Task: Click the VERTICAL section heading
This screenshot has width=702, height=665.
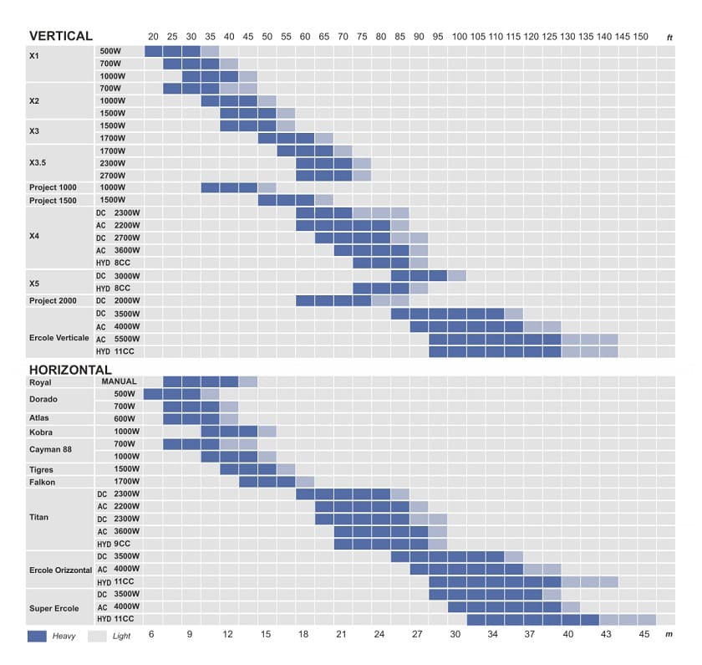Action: [60, 36]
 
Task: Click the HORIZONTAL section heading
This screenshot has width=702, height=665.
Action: [70, 370]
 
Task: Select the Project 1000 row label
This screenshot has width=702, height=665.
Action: [54, 187]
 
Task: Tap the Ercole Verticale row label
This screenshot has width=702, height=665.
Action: [58, 338]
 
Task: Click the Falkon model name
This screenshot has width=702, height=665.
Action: [43, 482]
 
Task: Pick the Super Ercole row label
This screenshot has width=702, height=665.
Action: [54, 607]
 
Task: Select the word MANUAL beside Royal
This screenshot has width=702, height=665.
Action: [119, 381]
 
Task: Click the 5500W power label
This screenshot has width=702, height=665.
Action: [125, 338]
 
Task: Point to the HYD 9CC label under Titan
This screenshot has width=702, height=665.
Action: [116, 545]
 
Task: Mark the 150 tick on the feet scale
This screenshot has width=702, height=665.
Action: [640, 37]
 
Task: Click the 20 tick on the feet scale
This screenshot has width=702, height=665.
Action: [153, 37]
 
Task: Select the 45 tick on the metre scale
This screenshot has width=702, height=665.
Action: [643, 635]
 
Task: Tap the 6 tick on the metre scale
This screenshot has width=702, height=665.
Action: [151, 635]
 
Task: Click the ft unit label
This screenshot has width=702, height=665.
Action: [669, 38]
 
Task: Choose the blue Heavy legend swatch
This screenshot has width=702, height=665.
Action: [37, 637]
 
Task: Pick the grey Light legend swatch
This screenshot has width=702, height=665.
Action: [97, 637]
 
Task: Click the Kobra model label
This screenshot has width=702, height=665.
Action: [41, 432]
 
